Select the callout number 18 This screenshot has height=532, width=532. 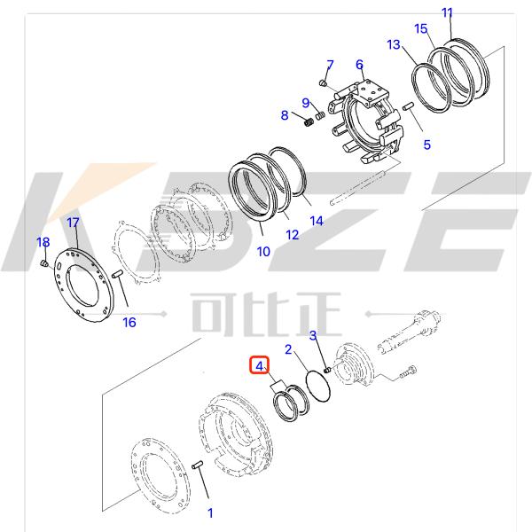click(43, 243)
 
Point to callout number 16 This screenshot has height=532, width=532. click(129, 321)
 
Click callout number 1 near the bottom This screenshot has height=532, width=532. click(210, 512)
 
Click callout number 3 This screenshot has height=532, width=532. click(313, 334)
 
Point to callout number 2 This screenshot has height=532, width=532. click(288, 349)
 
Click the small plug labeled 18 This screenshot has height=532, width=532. click(45, 263)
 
